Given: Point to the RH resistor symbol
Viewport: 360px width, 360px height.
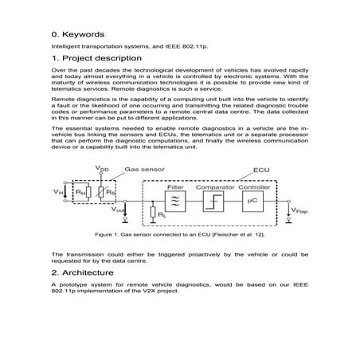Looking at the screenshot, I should (78, 192).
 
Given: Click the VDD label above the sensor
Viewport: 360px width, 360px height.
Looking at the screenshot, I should (101, 169).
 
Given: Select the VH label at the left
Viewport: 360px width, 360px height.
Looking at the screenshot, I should (56, 192).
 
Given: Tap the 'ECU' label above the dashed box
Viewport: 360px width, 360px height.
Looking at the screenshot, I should (260, 170).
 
